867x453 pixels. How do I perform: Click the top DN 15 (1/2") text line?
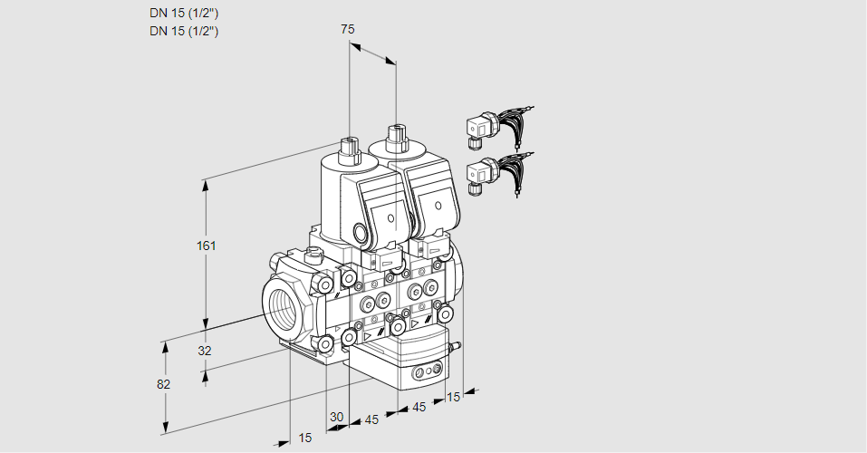[184, 13]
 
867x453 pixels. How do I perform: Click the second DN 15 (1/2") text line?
[184, 31]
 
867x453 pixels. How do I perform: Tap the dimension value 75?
[347, 29]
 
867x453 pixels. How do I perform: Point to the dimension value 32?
[204, 351]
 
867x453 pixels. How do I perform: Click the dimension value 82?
[163, 384]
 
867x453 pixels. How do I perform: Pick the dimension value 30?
[337, 417]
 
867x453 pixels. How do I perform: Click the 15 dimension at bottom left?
[305, 438]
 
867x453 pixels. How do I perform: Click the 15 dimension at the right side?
[454, 396]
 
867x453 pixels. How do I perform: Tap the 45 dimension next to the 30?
[371, 419]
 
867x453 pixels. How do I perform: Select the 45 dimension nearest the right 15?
[419, 408]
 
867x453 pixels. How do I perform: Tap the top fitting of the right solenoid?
[395, 137]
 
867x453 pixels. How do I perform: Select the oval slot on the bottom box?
[427, 371]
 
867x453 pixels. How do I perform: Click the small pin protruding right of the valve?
[456, 345]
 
